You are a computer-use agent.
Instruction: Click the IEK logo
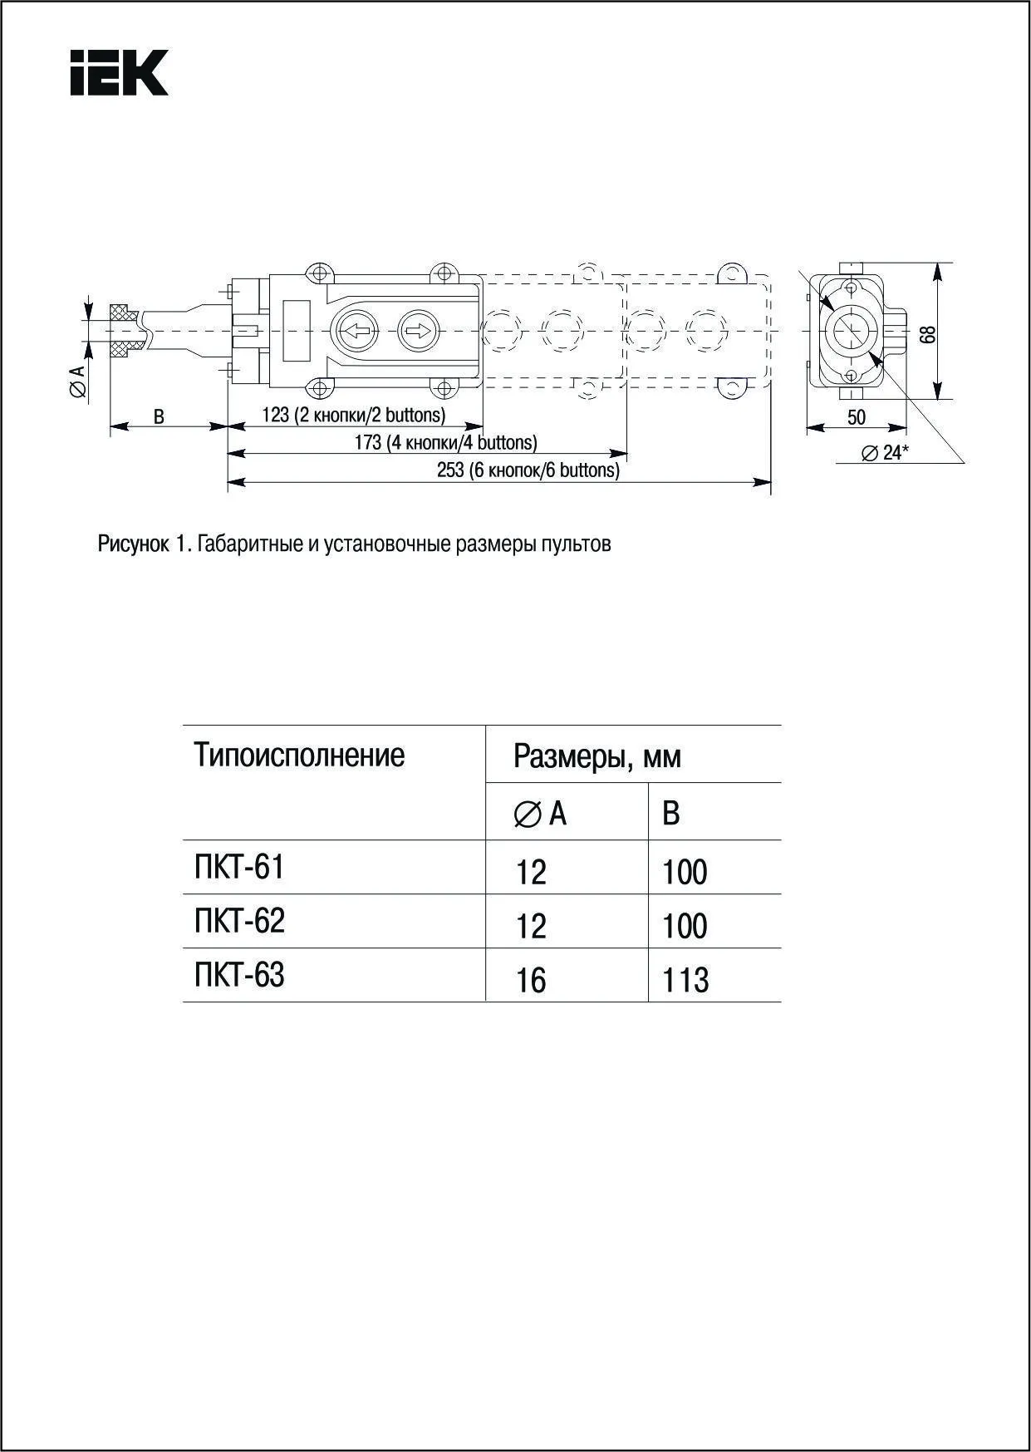coord(119,72)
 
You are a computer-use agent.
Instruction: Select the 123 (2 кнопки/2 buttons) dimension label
coord(354,415)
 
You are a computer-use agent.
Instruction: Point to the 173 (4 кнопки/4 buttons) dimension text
coord(445,442)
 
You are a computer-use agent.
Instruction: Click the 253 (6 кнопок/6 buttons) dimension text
coord(528,470)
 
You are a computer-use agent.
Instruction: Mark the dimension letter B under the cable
coord(159,416)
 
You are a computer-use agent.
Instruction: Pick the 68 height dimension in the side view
coord(928,333)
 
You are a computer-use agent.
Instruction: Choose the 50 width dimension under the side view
coord(857,417)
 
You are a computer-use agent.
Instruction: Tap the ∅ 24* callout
coord(885,453)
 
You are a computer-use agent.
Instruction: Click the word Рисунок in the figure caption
coord(133,544)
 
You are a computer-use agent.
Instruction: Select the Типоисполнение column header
coord(299,756)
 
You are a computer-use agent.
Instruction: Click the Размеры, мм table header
coord(597,757)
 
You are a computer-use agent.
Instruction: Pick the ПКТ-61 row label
coord(239,867)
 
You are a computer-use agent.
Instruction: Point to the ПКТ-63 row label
coord(239,975)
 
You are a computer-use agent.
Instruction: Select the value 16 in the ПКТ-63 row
coord(531,981)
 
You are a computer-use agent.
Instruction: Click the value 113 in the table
coord(685,981)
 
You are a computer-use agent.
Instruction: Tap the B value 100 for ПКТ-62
coord(685,927)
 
